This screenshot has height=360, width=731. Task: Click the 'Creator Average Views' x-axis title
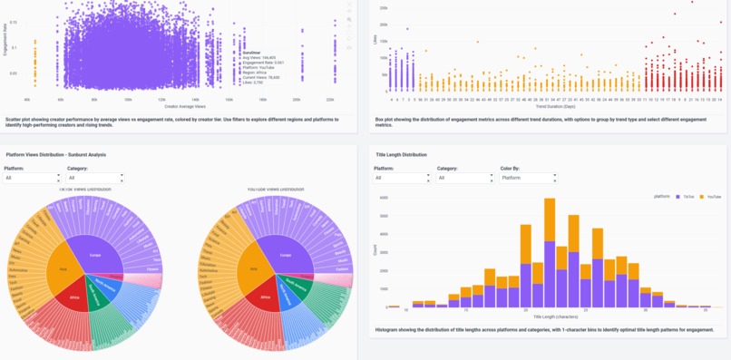182,105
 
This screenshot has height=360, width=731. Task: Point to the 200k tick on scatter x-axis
296,99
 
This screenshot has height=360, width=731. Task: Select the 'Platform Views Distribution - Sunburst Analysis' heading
56,155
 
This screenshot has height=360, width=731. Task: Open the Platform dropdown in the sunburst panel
32,179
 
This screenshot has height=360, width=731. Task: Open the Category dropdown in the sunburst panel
94,179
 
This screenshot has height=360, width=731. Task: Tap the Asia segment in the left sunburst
64,270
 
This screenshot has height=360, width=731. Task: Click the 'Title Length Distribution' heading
401,155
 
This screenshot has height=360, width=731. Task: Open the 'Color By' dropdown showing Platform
528,179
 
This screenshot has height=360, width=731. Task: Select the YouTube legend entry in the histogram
711,196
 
